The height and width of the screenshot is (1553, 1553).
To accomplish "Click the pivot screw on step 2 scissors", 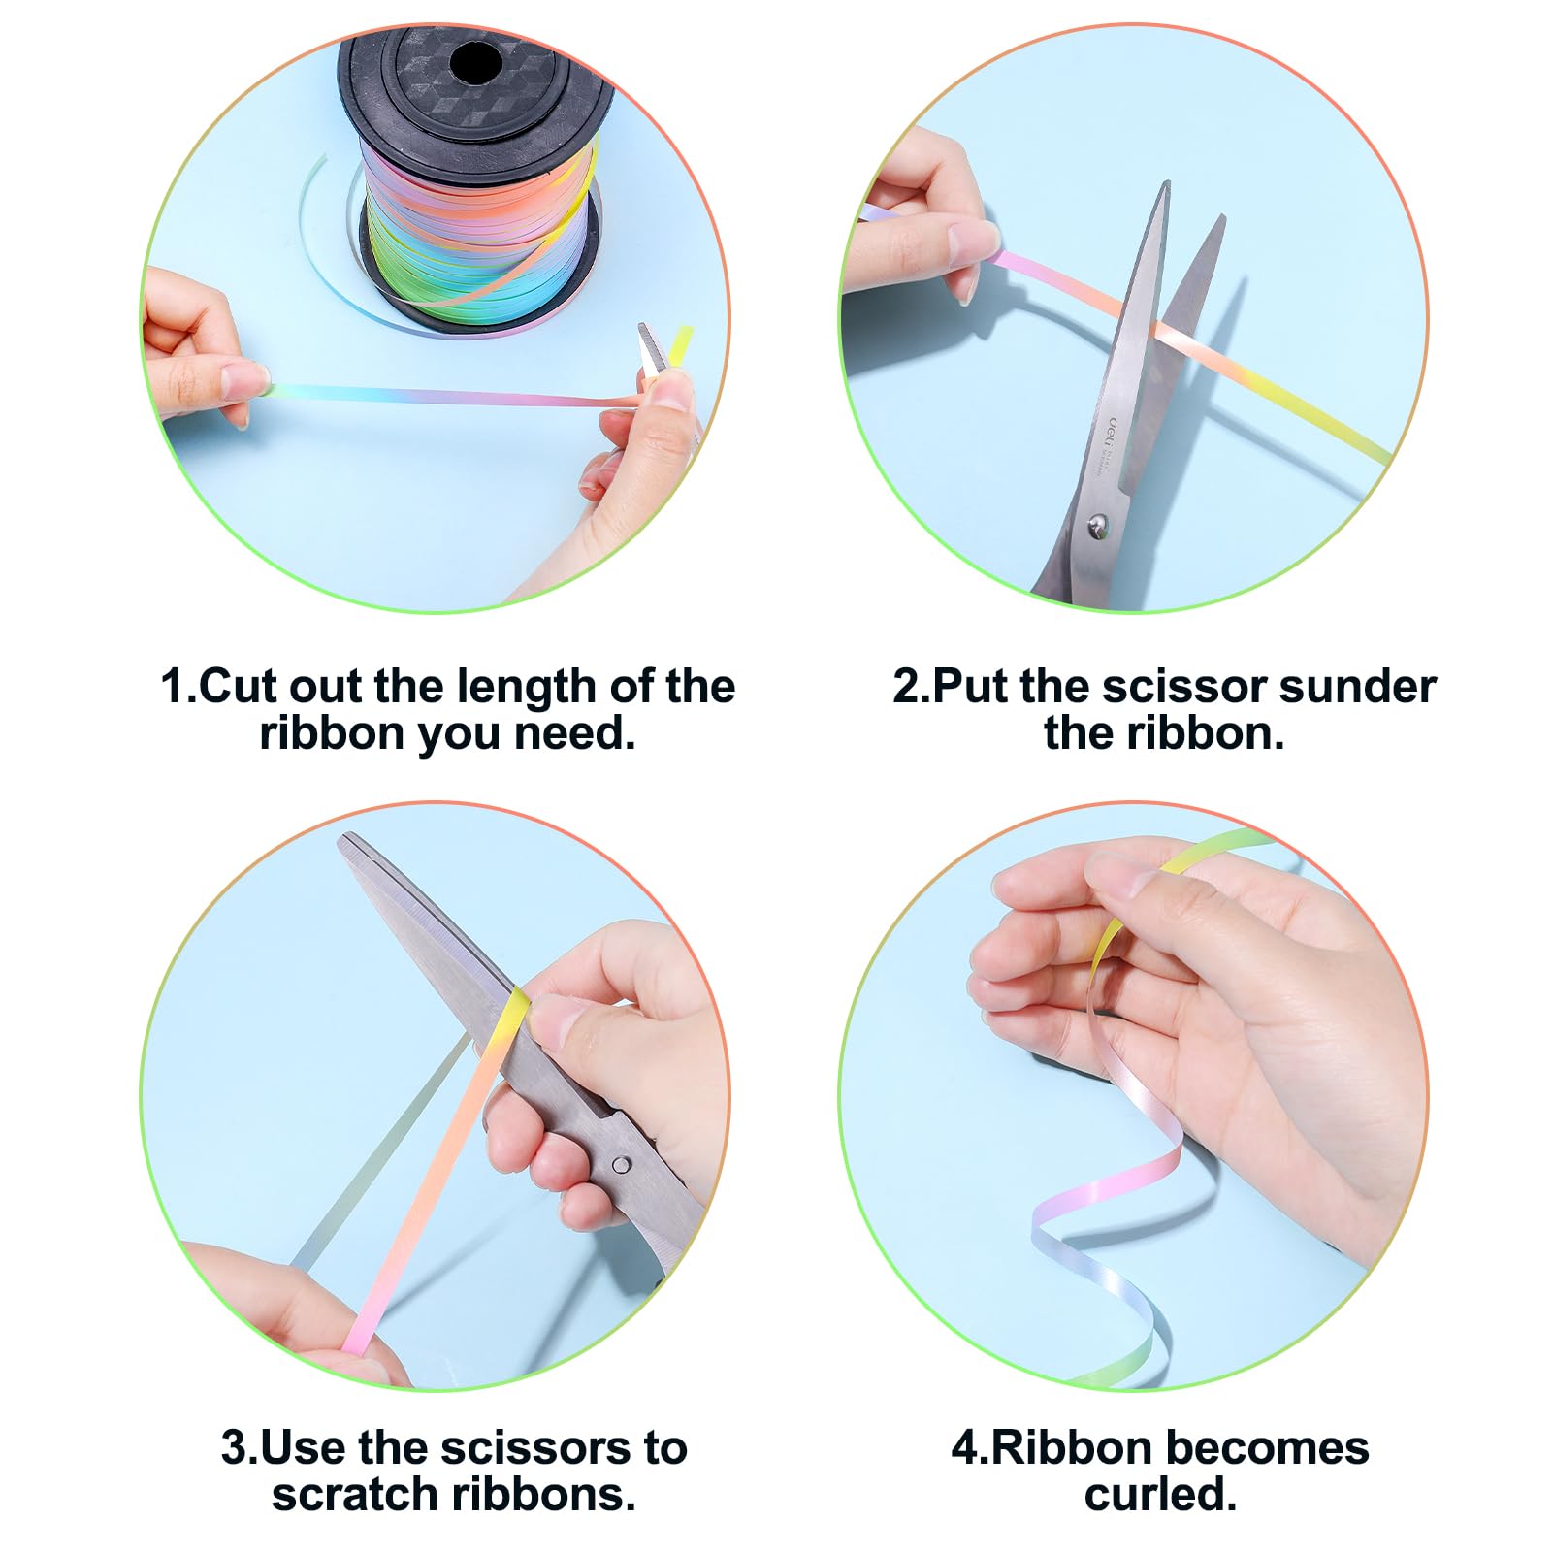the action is (1097, 526).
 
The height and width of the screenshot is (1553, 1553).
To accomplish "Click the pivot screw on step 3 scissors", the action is (621, 1164).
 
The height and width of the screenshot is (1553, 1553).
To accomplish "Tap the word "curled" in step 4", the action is (1154, 1495).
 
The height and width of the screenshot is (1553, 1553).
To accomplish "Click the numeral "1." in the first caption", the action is (178, 688).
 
